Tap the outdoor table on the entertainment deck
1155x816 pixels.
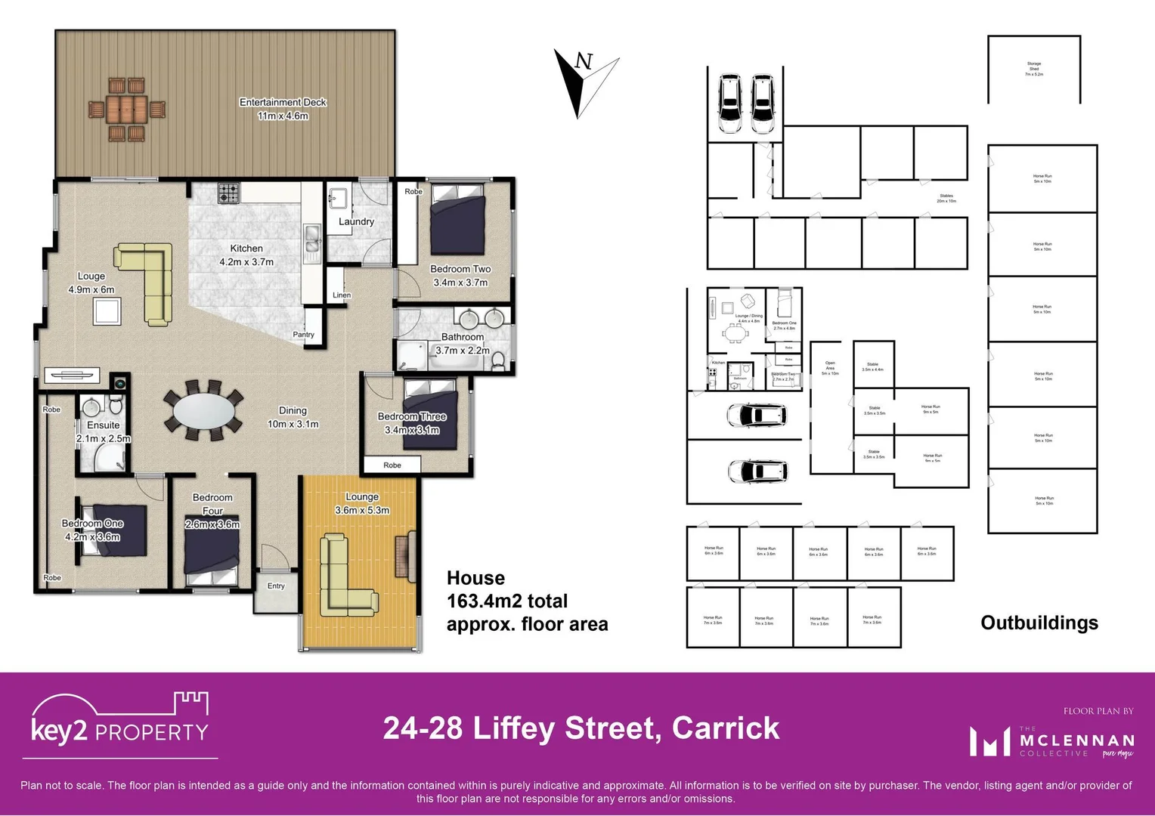[x=126, y=110]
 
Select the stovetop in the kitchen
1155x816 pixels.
[x=228, y=193]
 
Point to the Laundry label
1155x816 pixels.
[x=356, y=221]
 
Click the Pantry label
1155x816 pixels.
[x=303, y=335]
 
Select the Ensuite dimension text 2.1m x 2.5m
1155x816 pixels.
[x=104, y=438]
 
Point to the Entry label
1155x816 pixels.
[x=276, y=586]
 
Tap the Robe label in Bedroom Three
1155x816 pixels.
[x=392, y=465]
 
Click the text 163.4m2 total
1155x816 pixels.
[x=506, y=601]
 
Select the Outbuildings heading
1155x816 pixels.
[x=1039, y=623]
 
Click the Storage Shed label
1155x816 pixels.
[x=1033, y=69]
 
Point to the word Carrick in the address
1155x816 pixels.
[x=725, y=728]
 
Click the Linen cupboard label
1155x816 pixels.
[x=342, y=295]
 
